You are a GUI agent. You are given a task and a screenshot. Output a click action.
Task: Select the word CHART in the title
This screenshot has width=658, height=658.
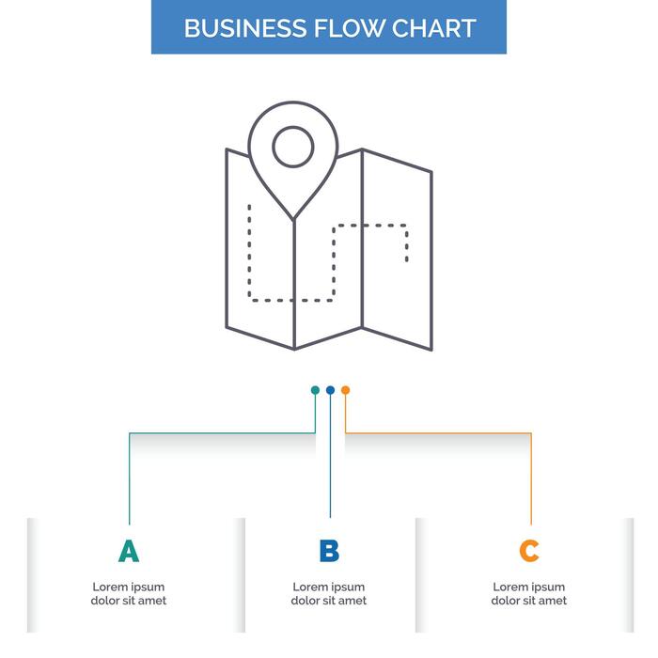433,28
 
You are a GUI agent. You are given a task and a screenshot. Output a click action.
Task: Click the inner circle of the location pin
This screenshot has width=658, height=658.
293,147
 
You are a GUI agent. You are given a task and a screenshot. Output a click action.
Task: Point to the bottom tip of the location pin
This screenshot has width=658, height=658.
294,219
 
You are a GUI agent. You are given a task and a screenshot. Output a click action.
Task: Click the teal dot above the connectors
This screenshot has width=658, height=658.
315,389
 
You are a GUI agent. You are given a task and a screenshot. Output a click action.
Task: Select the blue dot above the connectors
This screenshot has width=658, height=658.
330,389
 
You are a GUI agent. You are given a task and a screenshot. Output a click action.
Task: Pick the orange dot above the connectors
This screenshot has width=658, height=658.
345,389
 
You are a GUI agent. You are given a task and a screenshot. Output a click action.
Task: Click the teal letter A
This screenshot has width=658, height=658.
129,551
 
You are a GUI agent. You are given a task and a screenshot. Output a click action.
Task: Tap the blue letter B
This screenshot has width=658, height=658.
329,551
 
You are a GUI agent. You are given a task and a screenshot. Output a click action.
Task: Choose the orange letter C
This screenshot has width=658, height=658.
529,551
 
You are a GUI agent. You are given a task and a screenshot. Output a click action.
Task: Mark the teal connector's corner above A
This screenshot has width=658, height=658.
129,433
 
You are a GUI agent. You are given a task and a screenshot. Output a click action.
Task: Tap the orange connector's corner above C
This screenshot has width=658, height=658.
531,433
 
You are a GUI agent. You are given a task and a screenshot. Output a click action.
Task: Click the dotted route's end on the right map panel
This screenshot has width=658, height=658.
406,258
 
